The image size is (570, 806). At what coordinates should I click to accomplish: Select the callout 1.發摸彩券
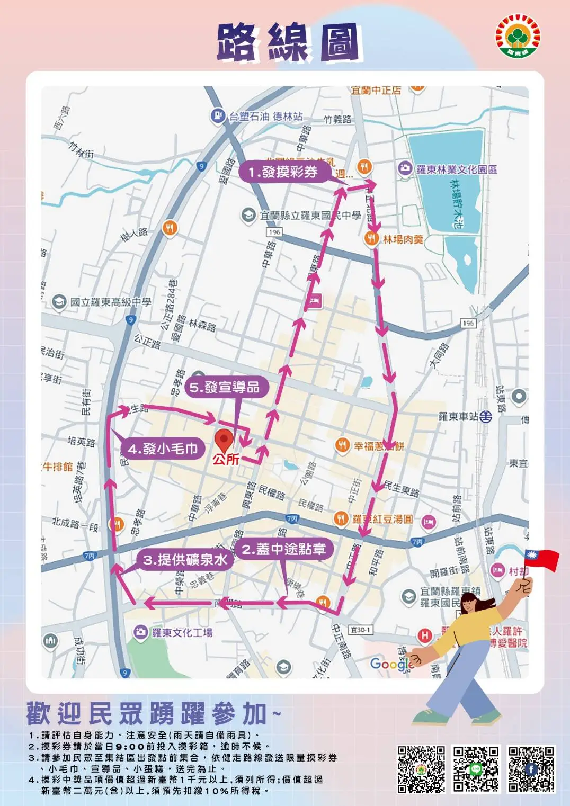pos(283,172)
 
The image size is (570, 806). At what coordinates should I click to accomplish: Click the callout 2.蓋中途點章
pos(284,549)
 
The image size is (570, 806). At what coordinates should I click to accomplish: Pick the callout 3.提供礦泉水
pos(185,560)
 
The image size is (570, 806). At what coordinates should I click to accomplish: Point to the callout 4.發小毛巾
pos(163,449)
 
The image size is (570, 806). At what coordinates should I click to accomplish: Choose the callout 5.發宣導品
pos(225,387)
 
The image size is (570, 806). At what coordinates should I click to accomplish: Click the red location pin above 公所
pos(224,439)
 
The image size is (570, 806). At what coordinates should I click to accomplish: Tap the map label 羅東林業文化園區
pos(456,169)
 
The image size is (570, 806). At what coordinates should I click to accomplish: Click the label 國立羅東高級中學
pos(110,302)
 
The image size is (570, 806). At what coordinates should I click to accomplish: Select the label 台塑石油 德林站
pos(265,116)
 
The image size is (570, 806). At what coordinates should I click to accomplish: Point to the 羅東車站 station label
pos(459,417)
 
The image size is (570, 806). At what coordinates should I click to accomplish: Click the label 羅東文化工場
pos(182,632)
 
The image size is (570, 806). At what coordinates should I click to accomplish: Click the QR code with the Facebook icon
pos(531,769)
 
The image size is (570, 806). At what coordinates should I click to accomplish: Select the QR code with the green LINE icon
pos(475,769)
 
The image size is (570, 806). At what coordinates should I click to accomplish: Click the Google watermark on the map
pos(390,664)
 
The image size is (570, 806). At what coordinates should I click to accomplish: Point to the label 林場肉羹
pos(403,240)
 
